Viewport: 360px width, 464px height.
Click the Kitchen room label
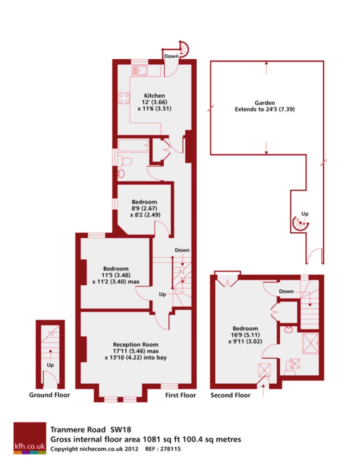click(x=154, y=95)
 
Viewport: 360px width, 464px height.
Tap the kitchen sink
click(x=140, y=70)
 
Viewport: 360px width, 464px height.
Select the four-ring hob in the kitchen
click(x=124, y=98)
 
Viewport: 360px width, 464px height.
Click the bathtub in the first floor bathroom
click(x=133, y=146)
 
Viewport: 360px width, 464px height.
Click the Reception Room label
click(x=136, y=345)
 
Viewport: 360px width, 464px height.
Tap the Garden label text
click(x=265, y=103)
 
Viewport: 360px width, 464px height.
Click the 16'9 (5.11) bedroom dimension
click(x=245, y=335)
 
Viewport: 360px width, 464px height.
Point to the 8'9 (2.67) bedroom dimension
click(x=144, y=208)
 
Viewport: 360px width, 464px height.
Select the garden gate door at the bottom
click(x=315, y=256)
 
